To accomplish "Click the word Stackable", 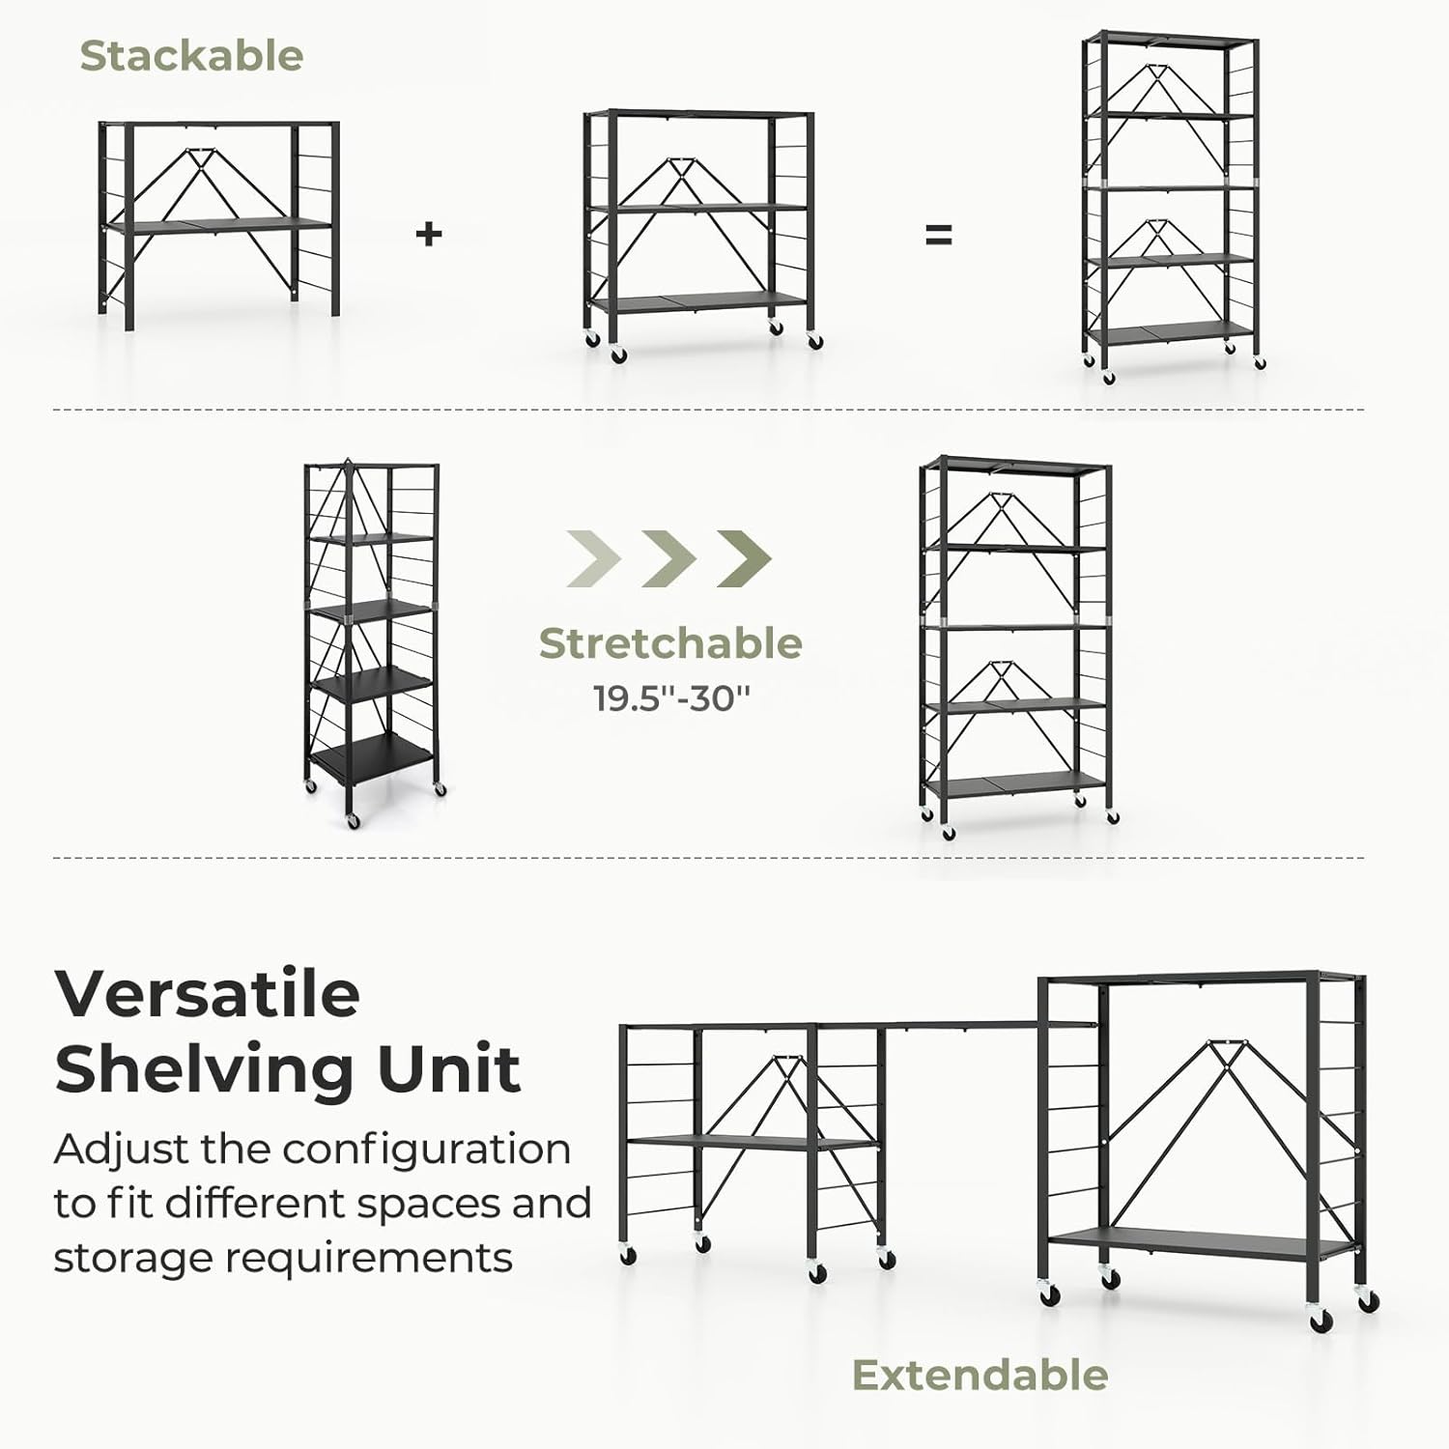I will click(191, 56).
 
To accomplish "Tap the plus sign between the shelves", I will click(429, 234).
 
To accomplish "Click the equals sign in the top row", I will click(939, 235).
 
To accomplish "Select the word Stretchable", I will click(670, 643).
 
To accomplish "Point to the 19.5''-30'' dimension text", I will click(671, 697).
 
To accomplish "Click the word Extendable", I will click(980, 1375).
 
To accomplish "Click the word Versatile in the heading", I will click(208, 993).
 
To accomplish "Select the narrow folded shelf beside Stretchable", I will click(372, 642).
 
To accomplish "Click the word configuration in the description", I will click(426, 1150).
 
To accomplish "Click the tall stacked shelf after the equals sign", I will click(1171, 205).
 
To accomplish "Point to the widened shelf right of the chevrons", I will click(1016, 645).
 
